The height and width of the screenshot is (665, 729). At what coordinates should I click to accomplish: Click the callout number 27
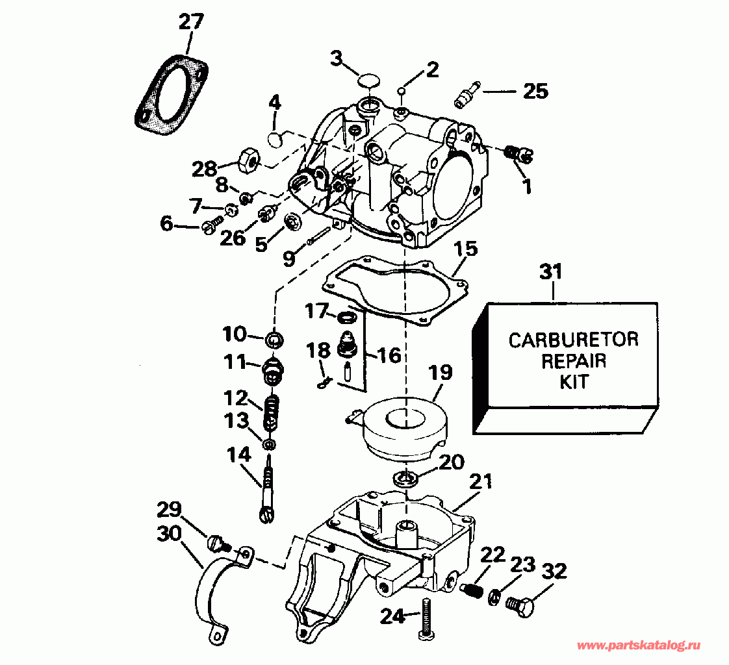191,22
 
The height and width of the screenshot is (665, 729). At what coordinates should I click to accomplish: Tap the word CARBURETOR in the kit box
573,340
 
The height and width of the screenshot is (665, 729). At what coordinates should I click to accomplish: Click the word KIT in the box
574,382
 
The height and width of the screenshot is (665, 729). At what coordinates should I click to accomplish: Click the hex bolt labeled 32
519,605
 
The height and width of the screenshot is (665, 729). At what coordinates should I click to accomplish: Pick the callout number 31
551,272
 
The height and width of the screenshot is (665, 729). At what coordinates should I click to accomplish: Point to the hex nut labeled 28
247,160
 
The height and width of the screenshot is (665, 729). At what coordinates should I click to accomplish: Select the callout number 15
465,249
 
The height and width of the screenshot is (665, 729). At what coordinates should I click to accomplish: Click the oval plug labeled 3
368,81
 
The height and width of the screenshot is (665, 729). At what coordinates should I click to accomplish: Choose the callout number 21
480,481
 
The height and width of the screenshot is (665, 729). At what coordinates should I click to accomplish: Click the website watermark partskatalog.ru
638,645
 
